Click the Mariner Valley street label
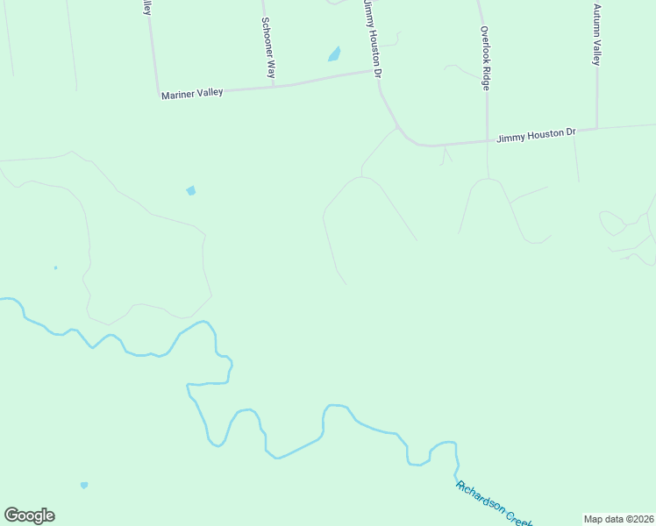192,92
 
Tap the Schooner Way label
269,48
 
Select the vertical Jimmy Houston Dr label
373,39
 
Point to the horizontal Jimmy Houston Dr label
536,135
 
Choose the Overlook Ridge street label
483,58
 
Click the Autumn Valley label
596,35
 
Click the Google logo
29,515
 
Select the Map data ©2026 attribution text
618,519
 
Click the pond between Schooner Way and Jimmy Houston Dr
334,55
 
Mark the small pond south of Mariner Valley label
191,190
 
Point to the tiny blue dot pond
55,267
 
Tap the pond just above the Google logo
84,485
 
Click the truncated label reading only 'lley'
147,8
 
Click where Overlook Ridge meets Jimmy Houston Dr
488,140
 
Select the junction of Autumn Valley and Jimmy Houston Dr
597,129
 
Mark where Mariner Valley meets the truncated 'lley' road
158,94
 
